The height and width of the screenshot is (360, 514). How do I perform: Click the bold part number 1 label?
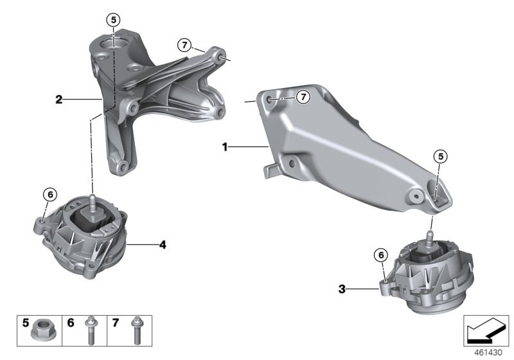(x=225, y=147)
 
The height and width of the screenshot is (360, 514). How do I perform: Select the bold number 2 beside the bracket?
(x=58, y=100)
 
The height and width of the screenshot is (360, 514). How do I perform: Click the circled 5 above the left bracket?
(x=114, y=20)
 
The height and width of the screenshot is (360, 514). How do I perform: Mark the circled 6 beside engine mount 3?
(x=382, y=255)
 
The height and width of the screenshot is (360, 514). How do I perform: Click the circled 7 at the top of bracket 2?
(x=185, y=44)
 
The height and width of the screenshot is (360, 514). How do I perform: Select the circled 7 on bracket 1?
(x=303, y=96)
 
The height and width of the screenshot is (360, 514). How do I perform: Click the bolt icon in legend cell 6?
(x=90, y=330)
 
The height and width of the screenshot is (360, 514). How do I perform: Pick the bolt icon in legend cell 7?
(x=136, y=330)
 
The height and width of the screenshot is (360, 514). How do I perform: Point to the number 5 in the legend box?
(x=26, y=321)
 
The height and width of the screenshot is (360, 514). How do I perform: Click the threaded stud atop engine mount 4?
(x=93, y=201)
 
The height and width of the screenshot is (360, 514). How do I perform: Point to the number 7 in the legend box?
(x=116, y=321)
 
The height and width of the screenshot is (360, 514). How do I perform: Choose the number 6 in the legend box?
(x=71, y=321)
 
